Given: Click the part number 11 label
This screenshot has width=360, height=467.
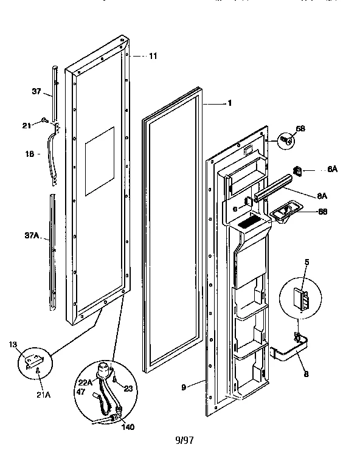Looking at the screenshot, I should [x=153, y=56].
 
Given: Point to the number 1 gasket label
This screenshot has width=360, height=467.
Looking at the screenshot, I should [x=230, y=103].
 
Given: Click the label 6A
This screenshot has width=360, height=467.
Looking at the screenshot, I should [x=332, y=170].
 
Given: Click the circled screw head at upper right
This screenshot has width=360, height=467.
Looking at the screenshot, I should [x=285, y=140].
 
